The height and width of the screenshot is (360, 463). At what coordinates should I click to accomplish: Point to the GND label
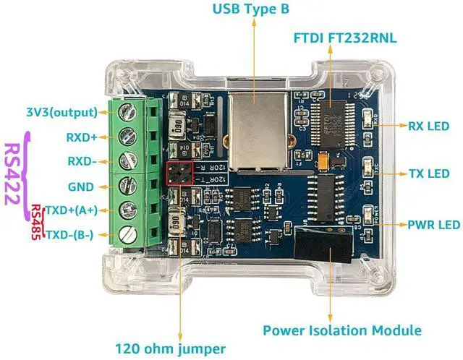point(80,187)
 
